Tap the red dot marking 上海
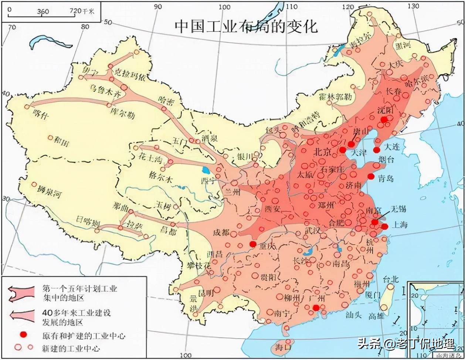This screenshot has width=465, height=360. [385, 226]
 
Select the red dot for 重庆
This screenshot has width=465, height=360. [253, 244]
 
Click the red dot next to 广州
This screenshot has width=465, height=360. [316, 308]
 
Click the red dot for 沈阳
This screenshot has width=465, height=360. [384, 119]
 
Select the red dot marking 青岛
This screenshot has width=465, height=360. [371, 176]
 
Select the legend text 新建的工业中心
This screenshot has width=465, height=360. [67, 348]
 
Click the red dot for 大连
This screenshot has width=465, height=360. [377, 150]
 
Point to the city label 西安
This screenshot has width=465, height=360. [272, 209]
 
